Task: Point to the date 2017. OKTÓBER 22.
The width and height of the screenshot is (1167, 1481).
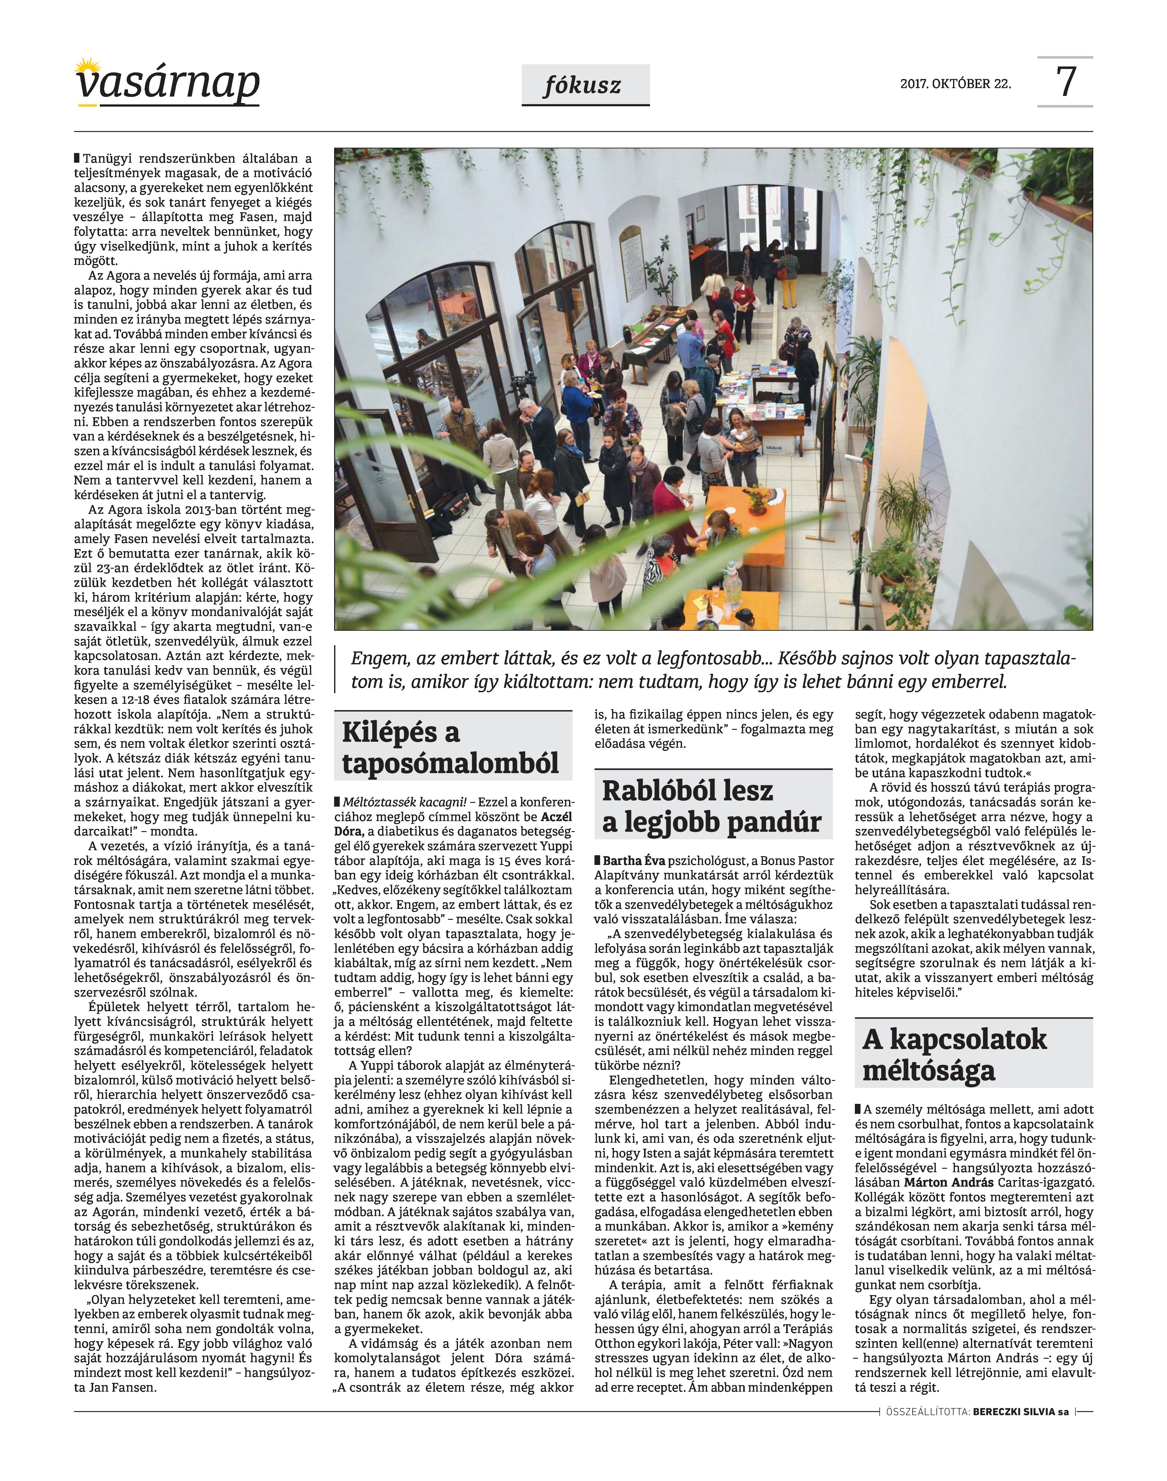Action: click(955, 84)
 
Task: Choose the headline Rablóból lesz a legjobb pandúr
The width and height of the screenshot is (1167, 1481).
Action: click(712, 806)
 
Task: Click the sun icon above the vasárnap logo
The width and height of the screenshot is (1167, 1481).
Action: click(87, 66)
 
